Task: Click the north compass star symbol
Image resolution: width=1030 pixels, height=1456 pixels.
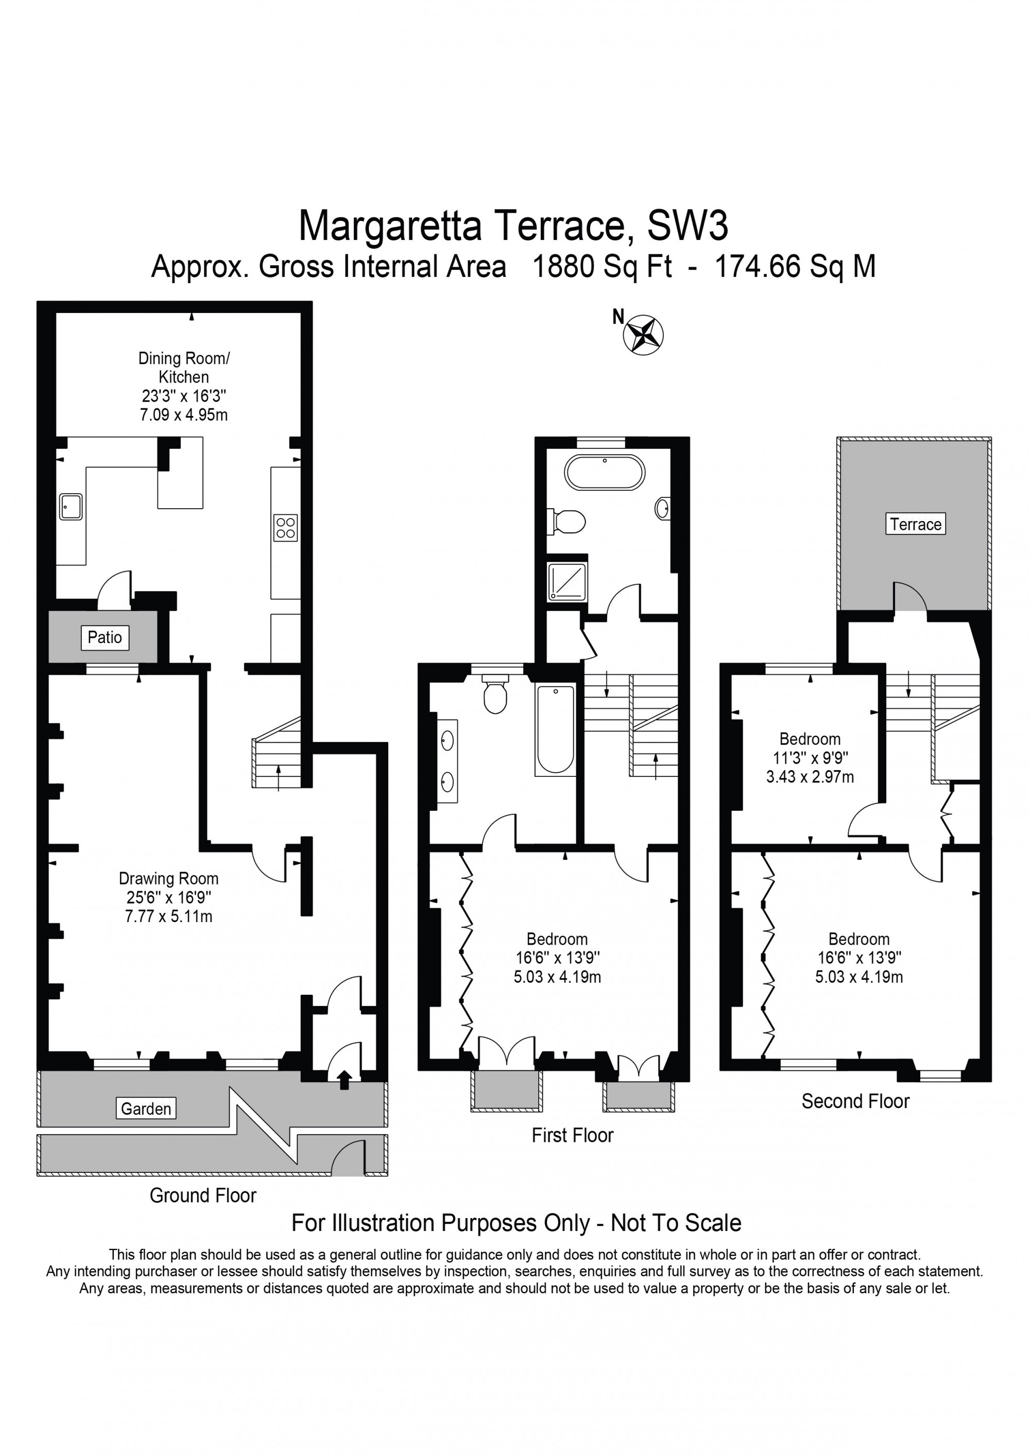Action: (x=644, y=334)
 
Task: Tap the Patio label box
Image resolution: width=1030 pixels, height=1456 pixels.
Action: (x=105, y=637)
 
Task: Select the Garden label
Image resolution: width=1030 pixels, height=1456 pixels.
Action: (x=146, y=1108)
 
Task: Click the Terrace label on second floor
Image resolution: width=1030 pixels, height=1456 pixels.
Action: (x=915, y=524)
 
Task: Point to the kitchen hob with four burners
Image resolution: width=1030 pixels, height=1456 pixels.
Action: (x=285, y=528)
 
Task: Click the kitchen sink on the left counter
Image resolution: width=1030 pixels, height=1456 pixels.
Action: (x=71, y=506)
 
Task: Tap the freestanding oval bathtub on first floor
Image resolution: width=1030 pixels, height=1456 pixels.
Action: (x=605, y=473)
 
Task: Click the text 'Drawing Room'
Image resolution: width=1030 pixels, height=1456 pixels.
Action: (x=169, y=878)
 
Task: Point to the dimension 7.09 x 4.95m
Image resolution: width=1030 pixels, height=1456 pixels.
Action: (x=183, y=415)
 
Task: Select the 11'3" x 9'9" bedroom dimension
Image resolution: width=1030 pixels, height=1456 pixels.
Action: (x=810, y=757)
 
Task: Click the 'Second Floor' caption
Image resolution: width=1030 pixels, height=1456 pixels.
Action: (x=855, y=1101)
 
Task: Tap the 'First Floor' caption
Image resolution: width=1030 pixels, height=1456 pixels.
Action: (x=572, y=1135)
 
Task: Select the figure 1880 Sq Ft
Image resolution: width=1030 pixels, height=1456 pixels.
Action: (x=602, y=266)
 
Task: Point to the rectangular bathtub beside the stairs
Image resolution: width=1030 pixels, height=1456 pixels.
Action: (x=555, y=730)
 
